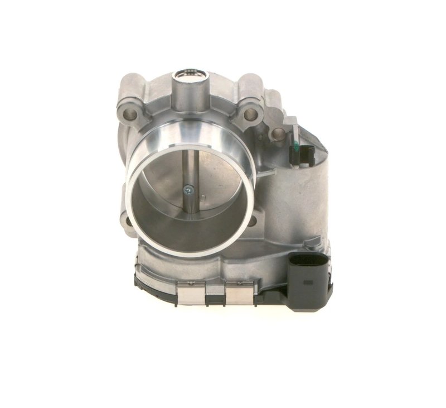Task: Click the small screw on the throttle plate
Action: pos(191,190)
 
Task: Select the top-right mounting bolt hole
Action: pos(251,114)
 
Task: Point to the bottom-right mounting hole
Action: pos(251,221)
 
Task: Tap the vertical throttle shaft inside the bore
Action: pos(190,167)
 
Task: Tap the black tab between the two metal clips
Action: pos(214,293)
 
